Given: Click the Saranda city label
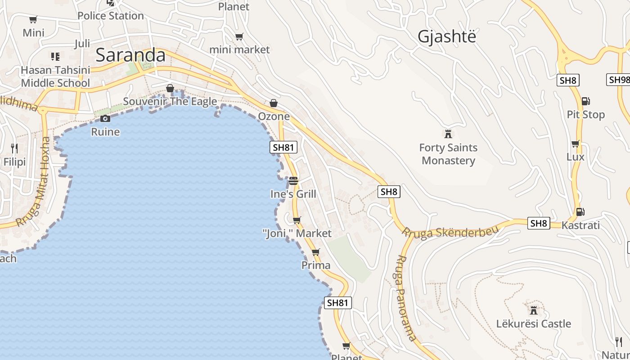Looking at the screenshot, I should pyautogui.click(x=130, y=55).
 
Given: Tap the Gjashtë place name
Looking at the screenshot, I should pyautogui.click(x=446, y=36).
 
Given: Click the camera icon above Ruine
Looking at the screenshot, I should pyautogui.click(x=105, y=118).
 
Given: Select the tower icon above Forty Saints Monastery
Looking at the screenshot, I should pyautogui.click(x=448, y=134).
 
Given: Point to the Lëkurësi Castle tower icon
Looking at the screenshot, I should pyautogui.click(x=534, y=310).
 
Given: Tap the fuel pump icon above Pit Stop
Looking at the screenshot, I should pyautogui.click(x=585, y=101).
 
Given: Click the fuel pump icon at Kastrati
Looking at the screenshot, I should pyautogui.click(x=580, y=211).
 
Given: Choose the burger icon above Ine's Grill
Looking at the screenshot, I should pyautogui.click(x=293, y=181).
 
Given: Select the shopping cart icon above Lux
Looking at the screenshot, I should pyautogui.click(x=575, y=144).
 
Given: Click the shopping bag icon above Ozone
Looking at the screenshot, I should pyautogui.click(x=274, y=103).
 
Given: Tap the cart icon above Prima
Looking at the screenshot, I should pyautogui.click(x=316, y=252).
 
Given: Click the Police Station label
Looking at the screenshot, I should pyautogui.click(x=111, y=16).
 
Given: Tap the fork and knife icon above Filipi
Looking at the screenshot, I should pyautogui.click(x=14, y=148).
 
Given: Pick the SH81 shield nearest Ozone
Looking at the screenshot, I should pyautogui.click(x=283, y=147).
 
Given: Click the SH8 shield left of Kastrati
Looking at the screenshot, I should pyautogui.click(x=539, y=223).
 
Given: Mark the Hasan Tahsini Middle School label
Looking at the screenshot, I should pyautogui.click(x=55, y=76).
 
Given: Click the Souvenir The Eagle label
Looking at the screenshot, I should pyautogui.click(x=170, y=101).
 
